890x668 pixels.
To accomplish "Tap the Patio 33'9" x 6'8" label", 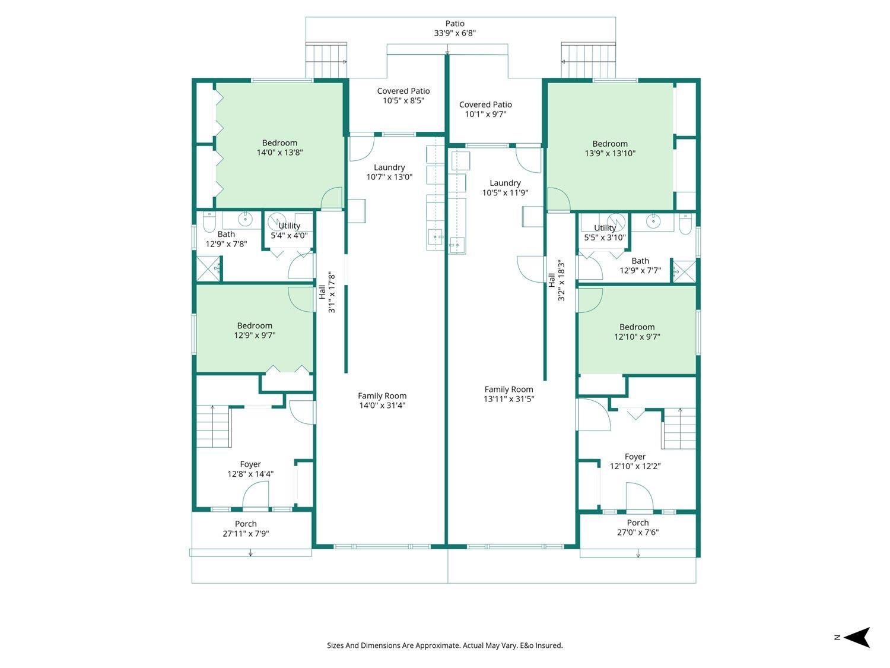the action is (454, 29).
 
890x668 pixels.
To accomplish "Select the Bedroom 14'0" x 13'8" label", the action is (279, 148).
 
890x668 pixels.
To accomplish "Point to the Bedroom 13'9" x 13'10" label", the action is (610, 148).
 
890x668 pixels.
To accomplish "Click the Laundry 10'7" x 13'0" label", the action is (389, 172).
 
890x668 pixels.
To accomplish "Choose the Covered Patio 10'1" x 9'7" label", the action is (485, 109).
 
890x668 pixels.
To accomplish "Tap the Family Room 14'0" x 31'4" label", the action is (382, 400).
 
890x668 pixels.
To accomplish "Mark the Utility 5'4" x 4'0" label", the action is (289, 230).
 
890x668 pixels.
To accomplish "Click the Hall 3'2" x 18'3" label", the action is (557, 280).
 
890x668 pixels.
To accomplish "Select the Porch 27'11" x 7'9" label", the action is (246, 528).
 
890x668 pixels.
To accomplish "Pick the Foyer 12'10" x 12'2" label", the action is (635, 461).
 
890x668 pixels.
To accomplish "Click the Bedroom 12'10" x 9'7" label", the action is (637, 331).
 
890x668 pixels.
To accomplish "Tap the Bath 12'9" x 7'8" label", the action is (226, 239).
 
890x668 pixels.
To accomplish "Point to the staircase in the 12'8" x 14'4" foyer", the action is (213, 426).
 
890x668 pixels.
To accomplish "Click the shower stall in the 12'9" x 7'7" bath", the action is (685, 271).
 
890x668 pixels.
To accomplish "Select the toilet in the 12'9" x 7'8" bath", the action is (209, 221).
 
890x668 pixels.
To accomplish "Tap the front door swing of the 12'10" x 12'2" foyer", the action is (640, 496).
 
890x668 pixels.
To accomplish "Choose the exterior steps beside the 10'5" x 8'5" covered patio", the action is (326, 60).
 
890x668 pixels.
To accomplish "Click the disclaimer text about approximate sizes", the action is (445, 645).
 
